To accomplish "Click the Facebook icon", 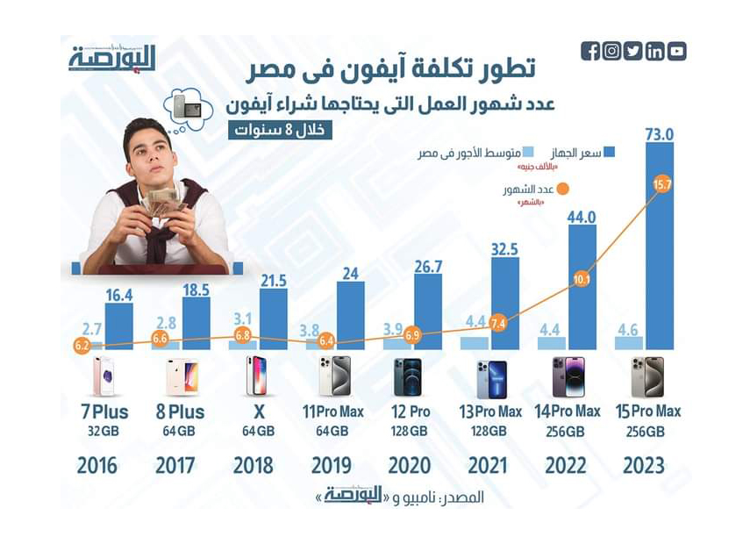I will [590, 52].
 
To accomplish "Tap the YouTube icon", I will [676, 52].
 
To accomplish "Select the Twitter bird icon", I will [633, 52].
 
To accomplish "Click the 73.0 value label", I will [659, 135].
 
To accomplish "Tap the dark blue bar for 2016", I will [118, 326].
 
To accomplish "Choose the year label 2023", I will [644, 464].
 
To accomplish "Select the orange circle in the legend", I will [563, 189].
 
